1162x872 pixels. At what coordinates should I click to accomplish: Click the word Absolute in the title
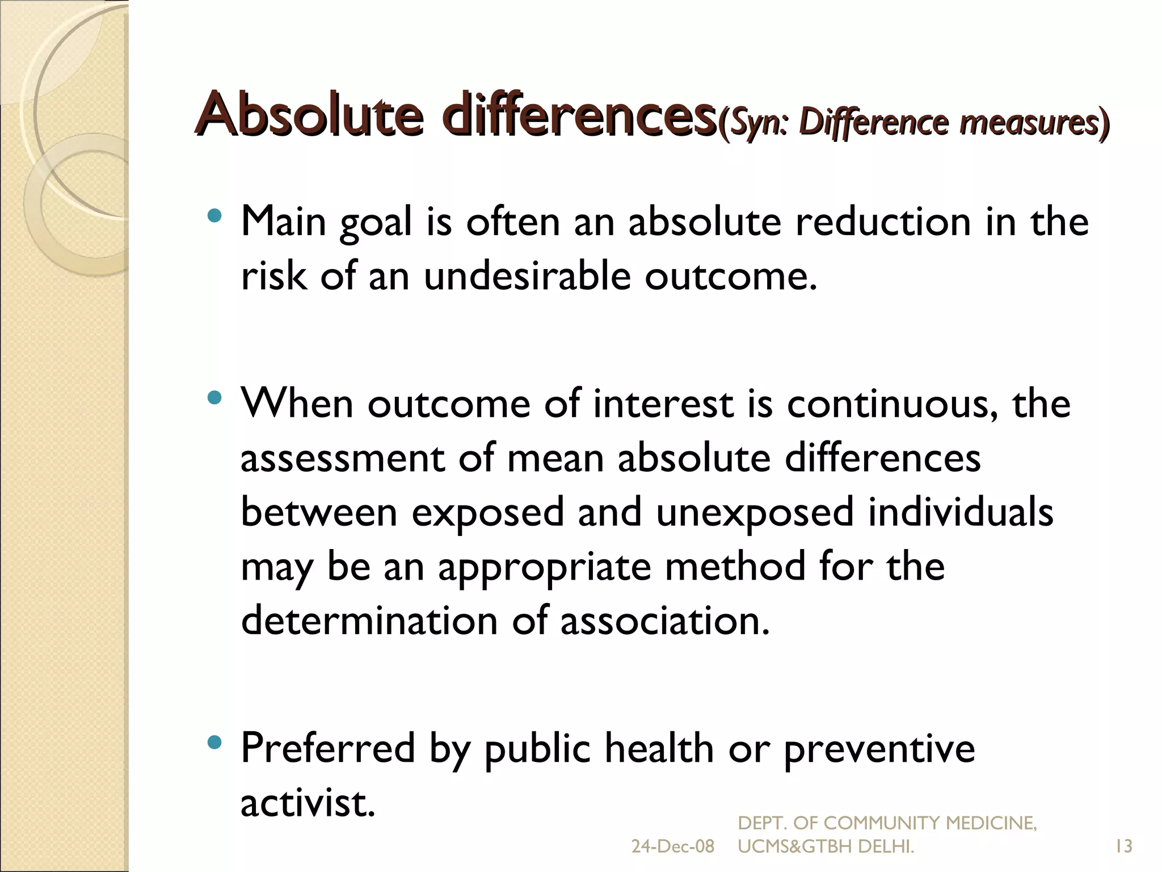(x=309, y=114)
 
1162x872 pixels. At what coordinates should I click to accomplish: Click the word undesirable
(x=527, y=276)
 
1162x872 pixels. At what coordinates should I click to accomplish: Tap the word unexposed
(x=755, y=513)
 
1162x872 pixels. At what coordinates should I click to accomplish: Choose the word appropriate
(x=545, y=567)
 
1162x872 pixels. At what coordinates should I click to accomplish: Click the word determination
(x=369, y=621)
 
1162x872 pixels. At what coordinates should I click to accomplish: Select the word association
(x=664, y=621)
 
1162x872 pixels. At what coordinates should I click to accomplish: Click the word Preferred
(x=328, y=748)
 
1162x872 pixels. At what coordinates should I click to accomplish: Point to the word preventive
(x=879, y=748)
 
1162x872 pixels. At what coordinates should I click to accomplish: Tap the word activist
(x=308, y=803)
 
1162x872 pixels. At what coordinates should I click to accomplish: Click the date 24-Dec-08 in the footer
(x=672, y=847)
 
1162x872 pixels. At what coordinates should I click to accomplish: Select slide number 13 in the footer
(x=1123, y=847)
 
